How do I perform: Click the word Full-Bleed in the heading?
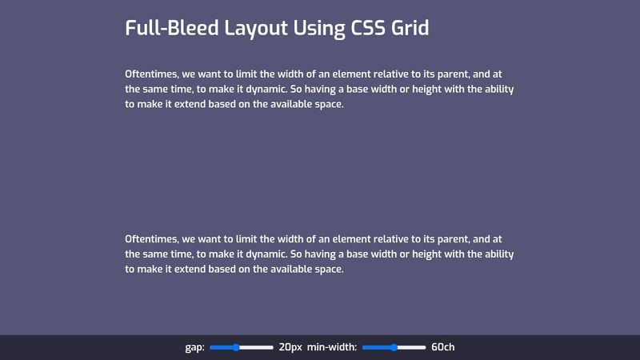click(x=172, y=28)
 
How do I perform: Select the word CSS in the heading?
click(x=368, y=28)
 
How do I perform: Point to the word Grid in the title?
click(x=410, y=28)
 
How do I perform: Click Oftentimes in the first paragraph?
click(x=152, y=74)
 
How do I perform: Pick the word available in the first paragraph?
click(x=291, y=104)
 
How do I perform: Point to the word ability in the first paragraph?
click(x=499, y=90)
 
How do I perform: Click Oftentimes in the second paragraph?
click(x=152, y=239)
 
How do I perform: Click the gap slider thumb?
click(x=236, y=347)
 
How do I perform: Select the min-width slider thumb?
click(x=394, y=347)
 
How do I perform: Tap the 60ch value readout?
click(x=443, y=347)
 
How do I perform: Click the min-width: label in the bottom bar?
click(x=332, y=347)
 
